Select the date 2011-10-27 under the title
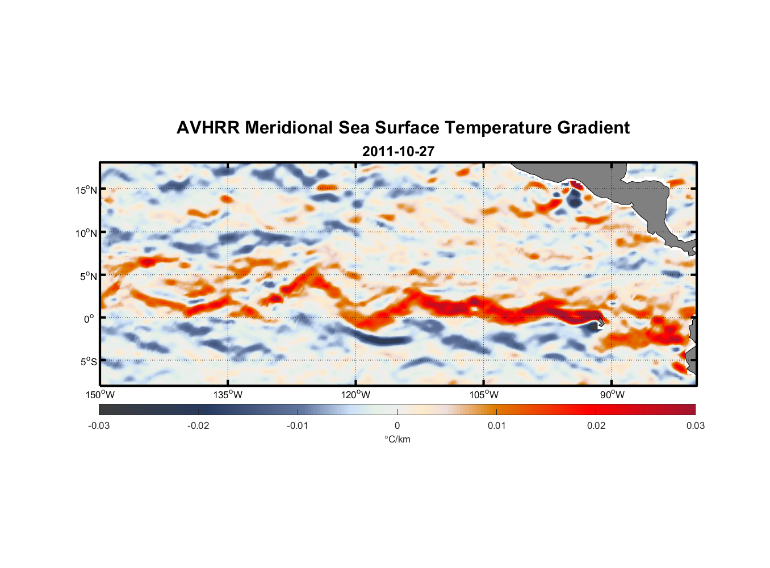pyautogui.click(x=398, y=152)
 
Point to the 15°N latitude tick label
pyautogui.click(x=86, y=190)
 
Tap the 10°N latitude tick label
pyautogui.click(x=86, y=233)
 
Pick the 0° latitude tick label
pyautogui.click(x=89, y=319)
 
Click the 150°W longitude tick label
pyautogui.click(x=100, y=395)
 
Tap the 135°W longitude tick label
pyautogui.click(x=228, y=395)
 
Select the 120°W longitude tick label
pyautogui.click(x=355, y=395)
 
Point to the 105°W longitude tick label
pyautogui.click(x=484, y=395)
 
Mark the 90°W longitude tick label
pyautogui.click(x=612, y=395)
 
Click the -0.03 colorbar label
pyautogui.click(x=99, y=425)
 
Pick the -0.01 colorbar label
pyautogui.click(x=298, y=425)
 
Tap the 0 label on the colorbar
pyautogui.click(x=397, y=425)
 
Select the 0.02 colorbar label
pyautogui.click(x=596, y=425)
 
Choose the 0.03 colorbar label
pyautogui.click(x=695, y=425)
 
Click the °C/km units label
pyautogui.click(x=397, y=439)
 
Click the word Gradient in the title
pyautogui.click(x=593, y=128)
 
